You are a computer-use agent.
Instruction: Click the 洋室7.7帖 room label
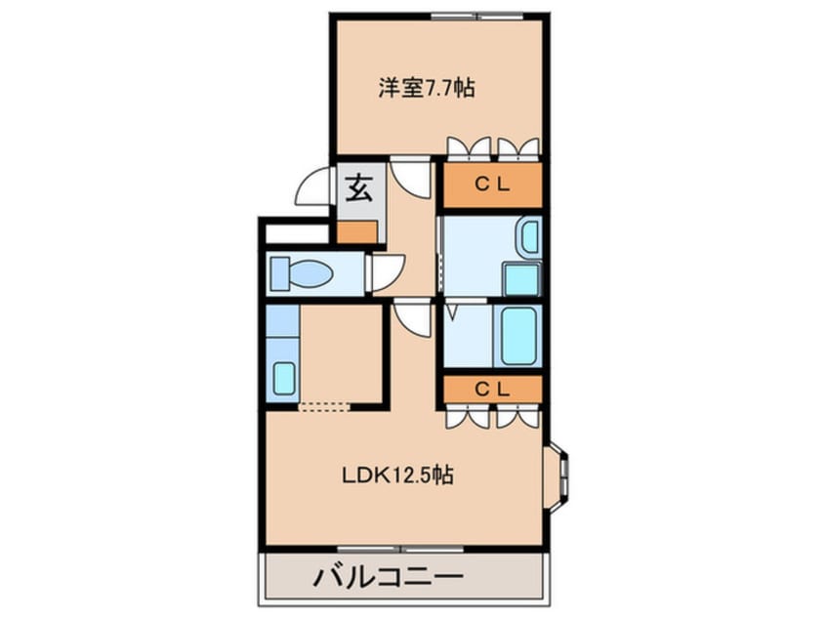[427, 88]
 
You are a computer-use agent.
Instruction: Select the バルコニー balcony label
[388, 576]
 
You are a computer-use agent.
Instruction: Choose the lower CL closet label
[492, 388]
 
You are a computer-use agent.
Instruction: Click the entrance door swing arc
[315, 186]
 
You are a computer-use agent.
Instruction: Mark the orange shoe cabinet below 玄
[357, 232]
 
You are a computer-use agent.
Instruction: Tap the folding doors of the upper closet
[492, 148]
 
